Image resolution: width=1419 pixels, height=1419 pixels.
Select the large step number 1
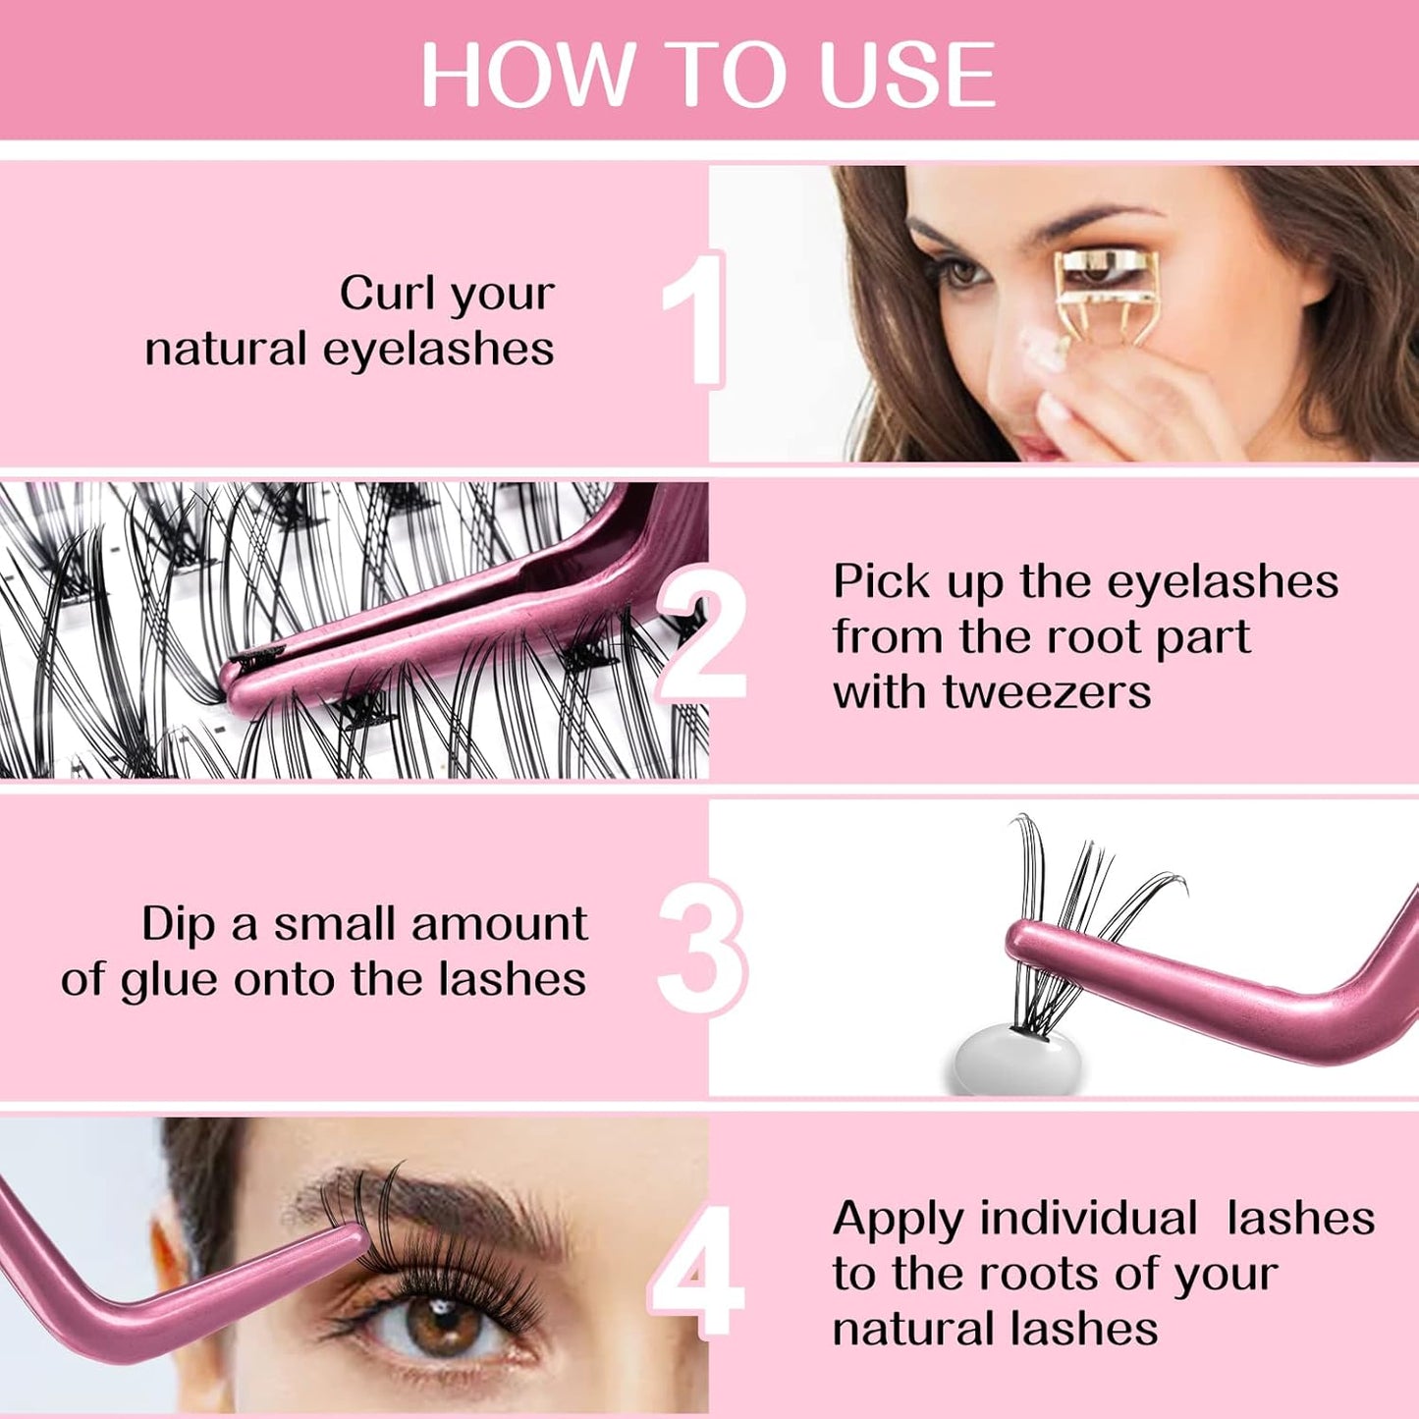pos(694,319)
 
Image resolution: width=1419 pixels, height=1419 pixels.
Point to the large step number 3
pos(701,948)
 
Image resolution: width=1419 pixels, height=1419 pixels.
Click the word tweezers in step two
pos(1047,692)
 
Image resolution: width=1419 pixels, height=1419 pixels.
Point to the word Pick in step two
pos(882,581)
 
